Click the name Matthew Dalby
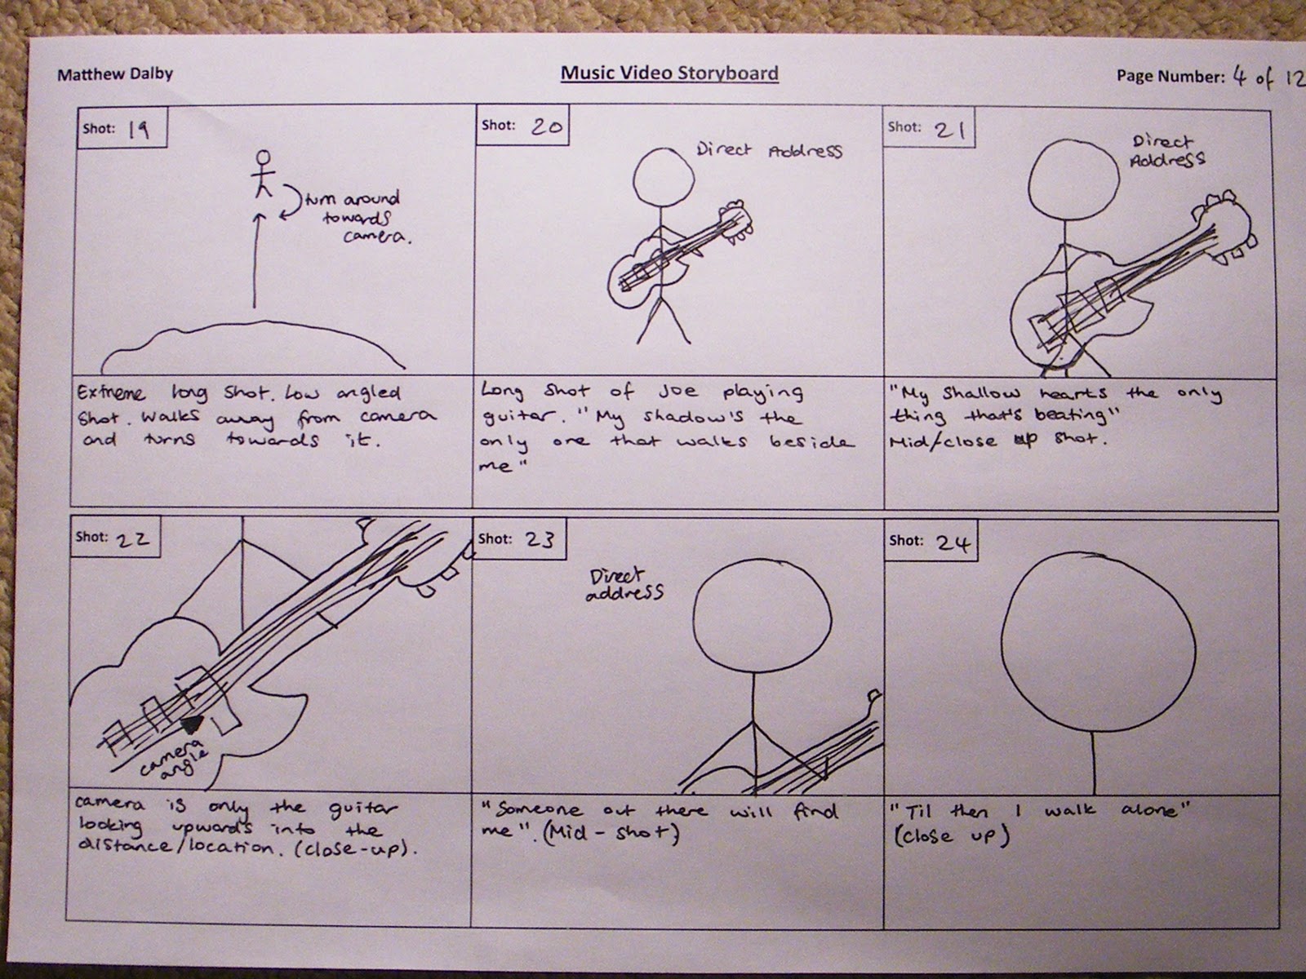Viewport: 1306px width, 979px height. point(115,74)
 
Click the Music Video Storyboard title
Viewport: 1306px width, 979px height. point(669,73)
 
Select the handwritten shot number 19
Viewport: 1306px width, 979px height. point(138,129)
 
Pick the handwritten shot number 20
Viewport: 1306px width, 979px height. point(547,126)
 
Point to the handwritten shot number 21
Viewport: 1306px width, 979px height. point(951,130)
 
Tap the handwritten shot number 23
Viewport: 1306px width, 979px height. point(537,539)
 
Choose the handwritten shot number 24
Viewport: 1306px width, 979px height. point(953,543)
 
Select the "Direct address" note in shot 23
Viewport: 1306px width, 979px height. point(624,585)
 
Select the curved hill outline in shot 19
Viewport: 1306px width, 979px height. point(253,334)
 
